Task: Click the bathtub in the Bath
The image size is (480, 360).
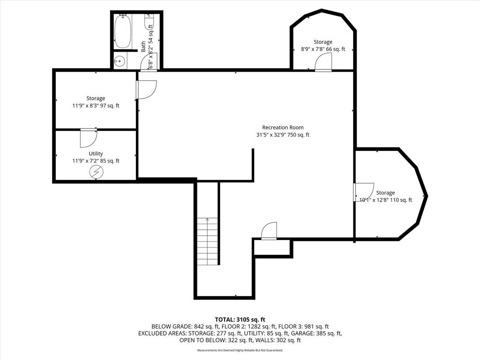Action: pos(123,31)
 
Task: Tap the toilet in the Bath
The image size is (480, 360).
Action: pos(149,22)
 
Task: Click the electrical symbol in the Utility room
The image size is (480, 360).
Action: pos(96,172)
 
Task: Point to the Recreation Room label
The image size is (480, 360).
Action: pos(283,127)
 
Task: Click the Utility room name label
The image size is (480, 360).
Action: pos(96,153)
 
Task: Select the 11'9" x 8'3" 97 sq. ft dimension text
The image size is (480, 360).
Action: pos(96,105)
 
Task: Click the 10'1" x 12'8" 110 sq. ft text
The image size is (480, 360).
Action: pos(385,200)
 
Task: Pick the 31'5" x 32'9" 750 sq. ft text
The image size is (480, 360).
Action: pos(283,135)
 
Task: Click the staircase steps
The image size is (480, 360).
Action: pos(207,241)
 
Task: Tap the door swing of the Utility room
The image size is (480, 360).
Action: pos(89,138)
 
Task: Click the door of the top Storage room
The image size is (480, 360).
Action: pos(323,62)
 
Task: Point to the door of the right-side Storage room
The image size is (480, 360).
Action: pos(364,192)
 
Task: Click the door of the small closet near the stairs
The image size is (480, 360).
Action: pos(269,231)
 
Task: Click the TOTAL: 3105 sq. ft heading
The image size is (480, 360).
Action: pos(240,320)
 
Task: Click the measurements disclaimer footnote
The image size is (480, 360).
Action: pos(240,350)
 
